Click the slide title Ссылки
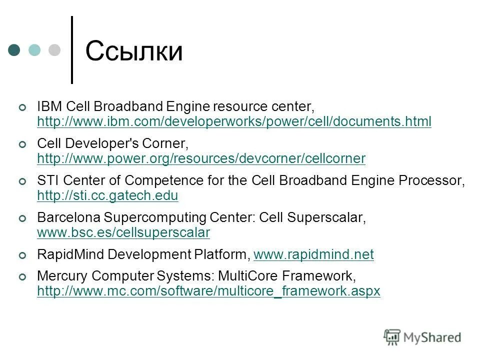tap(134, 51)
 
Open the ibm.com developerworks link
tap(234, 121)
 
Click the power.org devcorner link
tap(201, 158)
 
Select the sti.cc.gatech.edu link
tap(107, 195)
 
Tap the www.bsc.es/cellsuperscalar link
tap(123, 232)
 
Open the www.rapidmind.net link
tap(313, 255)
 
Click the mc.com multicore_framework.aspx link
tap(208, 291)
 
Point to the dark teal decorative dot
tap(14, 50)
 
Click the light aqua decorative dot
tap(34, 50)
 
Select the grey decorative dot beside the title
tap(53, 50)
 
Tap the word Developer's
tap(103, 144)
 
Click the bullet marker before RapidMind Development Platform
tap(21, 255)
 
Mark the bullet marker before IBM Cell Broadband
tap(21, 107)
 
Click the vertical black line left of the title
tap(72, 50)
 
